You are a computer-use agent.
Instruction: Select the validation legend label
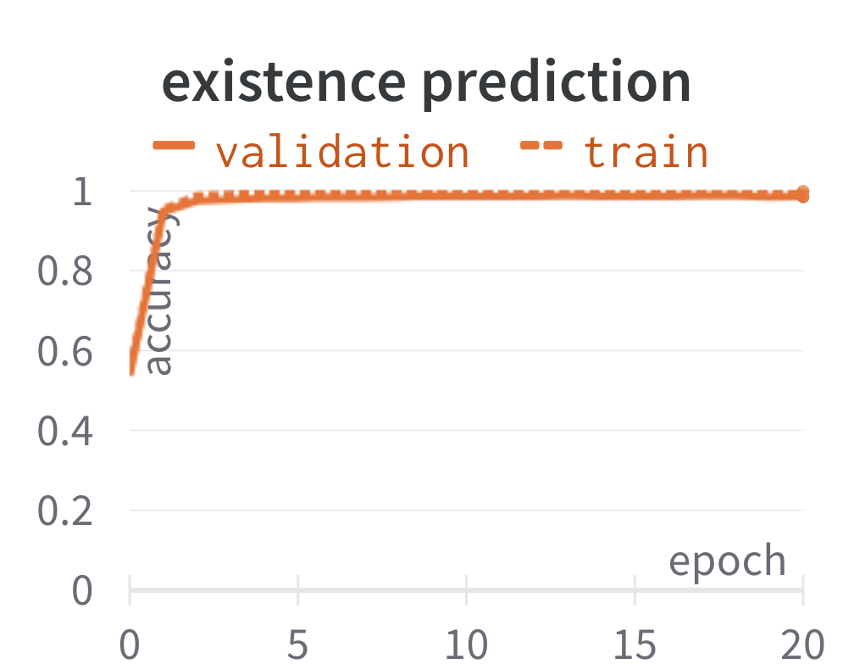(x=342, y=152)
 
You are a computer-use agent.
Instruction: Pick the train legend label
(x=646, y=152)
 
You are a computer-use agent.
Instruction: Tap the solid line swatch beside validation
(x=174, y=145)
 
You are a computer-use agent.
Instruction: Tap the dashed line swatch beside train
(x=541, y=145)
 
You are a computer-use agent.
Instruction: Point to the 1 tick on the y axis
(x=83, y=192)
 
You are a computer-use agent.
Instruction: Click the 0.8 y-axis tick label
(x=64, y=271)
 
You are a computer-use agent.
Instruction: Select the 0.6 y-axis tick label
(x=64, y=352)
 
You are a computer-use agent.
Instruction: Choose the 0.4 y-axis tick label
(x=64, y=431)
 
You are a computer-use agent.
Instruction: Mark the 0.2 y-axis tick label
(x=64, y=511)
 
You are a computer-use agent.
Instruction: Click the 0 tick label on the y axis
(x=82, y=591)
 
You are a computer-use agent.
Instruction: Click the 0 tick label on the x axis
(x=130, y=644)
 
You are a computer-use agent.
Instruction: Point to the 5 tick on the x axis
(x=298, y=644)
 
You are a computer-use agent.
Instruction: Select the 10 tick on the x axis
(x=466, y=644)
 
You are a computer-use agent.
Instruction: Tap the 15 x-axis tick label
(x=635, y=644)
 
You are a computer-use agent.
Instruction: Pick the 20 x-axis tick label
(x=803, y=644)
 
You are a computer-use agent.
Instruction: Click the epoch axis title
(x=728, y=561)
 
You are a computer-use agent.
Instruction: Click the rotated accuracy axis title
(x=160, y=291)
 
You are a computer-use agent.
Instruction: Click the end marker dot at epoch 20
(x=803, y=194)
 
